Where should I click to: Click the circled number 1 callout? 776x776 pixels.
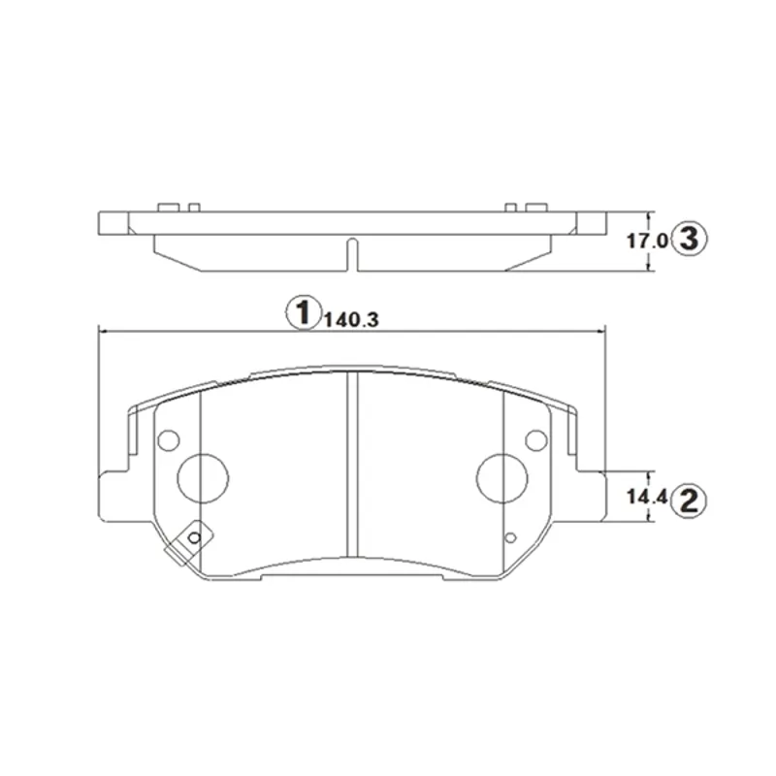pyautogui.click(x=302, y=312)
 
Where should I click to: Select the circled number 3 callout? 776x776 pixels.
pyautogui.click(x=690, y=239)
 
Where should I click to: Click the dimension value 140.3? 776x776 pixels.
pyautogui.click(x=351, y=320)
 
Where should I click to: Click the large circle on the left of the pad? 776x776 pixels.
pyautogui.click(x=203, y=478)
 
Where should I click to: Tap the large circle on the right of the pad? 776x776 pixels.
pyautogui.click(x=501, y=478)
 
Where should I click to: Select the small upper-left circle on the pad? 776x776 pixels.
pyautogui.click(x=168, y=440)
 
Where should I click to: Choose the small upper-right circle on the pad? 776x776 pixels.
pyautogui.click(x=536, y=440)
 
